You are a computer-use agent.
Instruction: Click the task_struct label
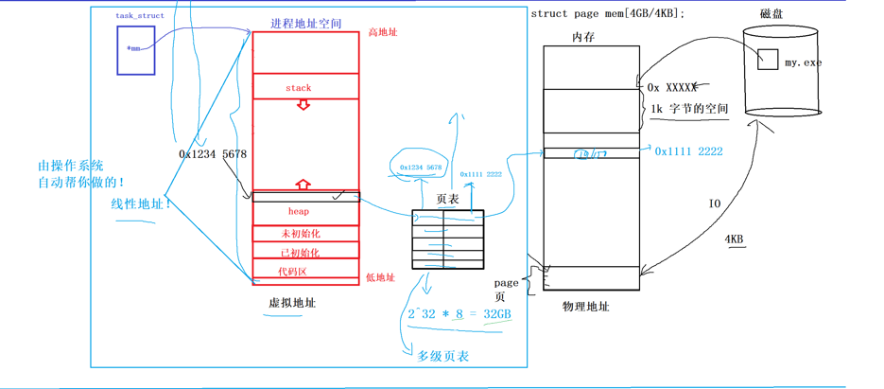coord(138,16)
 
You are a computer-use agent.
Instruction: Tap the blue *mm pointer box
coord(135,50)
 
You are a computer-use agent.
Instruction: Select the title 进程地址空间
coord(305,23)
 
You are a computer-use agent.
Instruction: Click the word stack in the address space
coord(298,88)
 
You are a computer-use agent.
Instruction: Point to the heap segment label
coord(299,211)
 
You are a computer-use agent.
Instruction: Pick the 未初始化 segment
coord(301,234)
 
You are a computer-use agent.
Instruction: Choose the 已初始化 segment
coord(301,253)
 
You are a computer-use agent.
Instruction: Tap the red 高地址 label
coord(383,33)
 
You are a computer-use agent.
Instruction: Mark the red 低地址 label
coord(380,277)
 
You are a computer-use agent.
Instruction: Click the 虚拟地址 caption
coord(292,303)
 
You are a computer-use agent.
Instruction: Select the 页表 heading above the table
coord(447,200)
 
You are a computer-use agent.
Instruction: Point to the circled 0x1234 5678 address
coord(420,168)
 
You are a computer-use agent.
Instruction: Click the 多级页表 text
coord(442,357)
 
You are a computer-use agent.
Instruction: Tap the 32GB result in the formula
coord(497,313)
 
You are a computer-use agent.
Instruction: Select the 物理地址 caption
coord(586,307)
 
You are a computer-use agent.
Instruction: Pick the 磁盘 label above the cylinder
coord(771,13)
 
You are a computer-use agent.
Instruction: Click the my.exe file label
coord(803,63)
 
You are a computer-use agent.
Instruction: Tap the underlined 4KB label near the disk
coord(734,239)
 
